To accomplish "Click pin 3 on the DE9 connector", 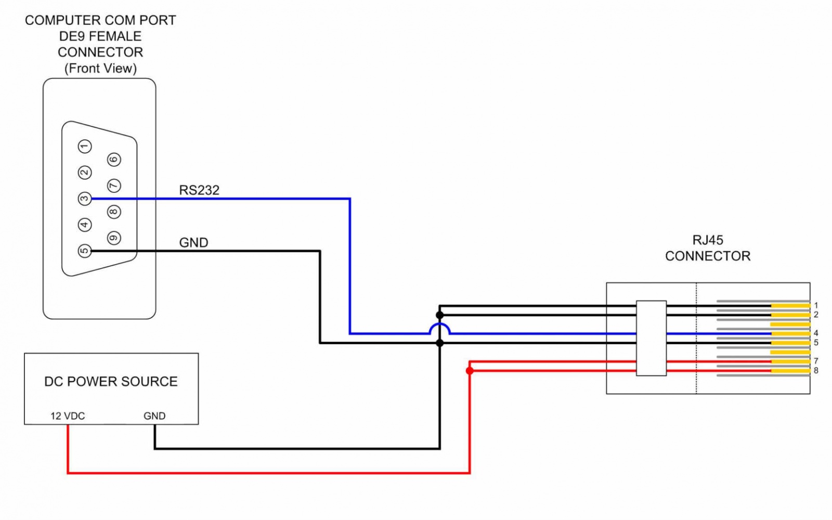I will (85, 199).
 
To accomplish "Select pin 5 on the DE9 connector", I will (85, 251).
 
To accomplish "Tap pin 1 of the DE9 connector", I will (85, 147).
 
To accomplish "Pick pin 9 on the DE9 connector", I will (114, 238).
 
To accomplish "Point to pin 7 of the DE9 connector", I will (114, 186).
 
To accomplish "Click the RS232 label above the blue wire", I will (199, 190).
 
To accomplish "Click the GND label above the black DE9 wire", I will (193, 243).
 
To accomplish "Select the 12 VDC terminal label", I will (68, 416).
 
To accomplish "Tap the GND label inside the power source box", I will (154, 416).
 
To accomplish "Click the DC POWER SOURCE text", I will (111, 382).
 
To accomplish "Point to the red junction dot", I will (470, 371).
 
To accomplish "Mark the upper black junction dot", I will (440, 315).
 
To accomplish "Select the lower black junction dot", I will (440, 343).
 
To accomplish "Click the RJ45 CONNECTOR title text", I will (708, 248).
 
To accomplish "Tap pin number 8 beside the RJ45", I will (816, 371).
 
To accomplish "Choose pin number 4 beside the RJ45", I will (816, 333).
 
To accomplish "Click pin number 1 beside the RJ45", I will (816, 305).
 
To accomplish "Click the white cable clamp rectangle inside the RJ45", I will (651, 338).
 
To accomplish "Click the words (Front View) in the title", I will (100, 69).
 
